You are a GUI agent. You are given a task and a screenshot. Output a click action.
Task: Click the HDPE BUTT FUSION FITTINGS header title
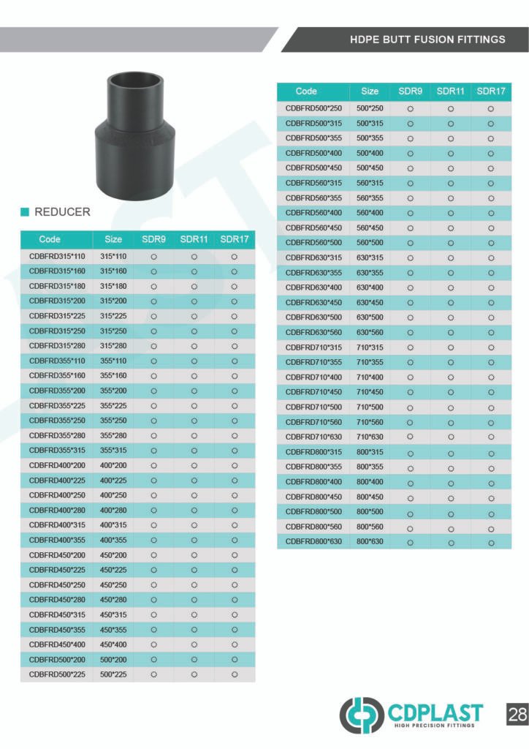point(427,39)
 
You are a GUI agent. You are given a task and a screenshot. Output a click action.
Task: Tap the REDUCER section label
point(62,212)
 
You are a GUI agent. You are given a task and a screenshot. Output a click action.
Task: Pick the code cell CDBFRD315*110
point(57,257)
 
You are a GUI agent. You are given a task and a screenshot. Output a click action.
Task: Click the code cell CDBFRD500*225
point(57,674)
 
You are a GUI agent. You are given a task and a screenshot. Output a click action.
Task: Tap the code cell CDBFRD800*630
point(313,541)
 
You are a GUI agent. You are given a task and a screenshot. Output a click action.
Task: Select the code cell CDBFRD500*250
point(313,108)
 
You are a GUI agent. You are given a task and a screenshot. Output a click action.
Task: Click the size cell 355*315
point(113,451)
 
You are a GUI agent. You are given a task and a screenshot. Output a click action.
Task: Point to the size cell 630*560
point(370,332)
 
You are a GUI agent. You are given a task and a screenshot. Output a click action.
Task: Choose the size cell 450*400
point(113,644)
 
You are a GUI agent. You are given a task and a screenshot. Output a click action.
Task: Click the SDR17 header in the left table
point(235,239)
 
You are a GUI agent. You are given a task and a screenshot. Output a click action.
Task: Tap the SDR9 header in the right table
point(410,91)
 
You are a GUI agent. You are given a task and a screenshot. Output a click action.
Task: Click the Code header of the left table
point(50,239)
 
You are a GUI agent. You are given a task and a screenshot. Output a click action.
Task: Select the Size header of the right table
point(370,91)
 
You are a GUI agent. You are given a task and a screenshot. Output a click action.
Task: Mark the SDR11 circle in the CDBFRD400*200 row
point(194,466)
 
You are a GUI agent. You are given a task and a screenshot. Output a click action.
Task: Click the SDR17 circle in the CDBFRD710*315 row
point(491,347)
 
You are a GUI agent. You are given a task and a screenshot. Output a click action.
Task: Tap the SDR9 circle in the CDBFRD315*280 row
point(154,346)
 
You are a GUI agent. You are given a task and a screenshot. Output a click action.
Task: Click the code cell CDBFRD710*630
point(313,437)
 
